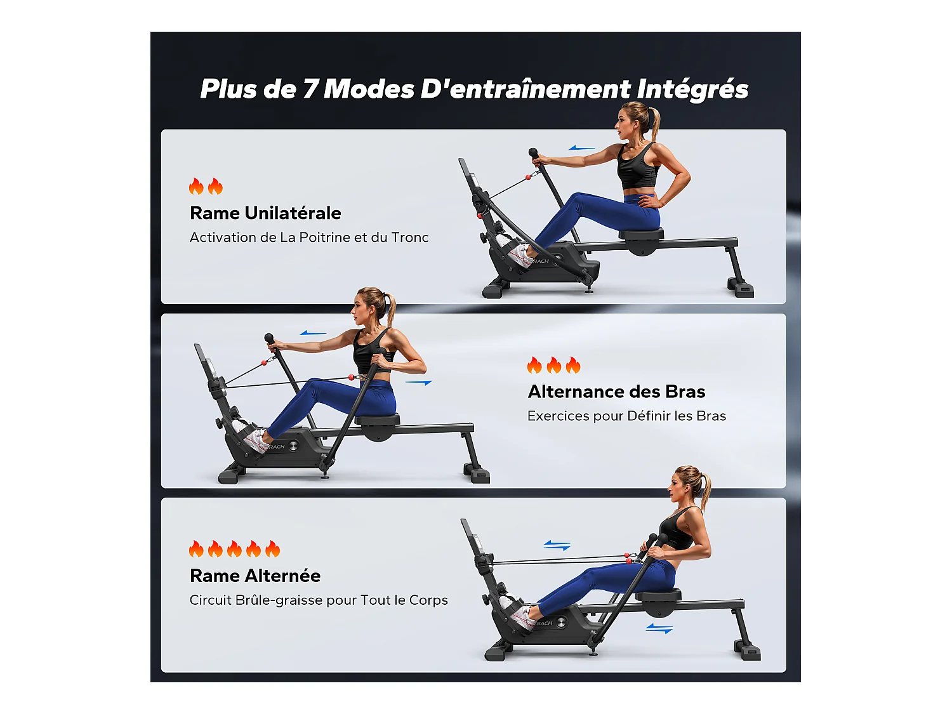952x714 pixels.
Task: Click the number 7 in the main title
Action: point(310,89)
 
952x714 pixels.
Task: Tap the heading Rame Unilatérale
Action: point(265,213)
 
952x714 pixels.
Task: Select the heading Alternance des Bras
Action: point(616,392)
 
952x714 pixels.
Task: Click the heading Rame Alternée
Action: point(255,576)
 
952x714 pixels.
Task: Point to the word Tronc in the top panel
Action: point(410,237)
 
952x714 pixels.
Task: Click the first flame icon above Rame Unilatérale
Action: point(196,187)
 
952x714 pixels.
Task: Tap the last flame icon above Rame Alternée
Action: point(273,549)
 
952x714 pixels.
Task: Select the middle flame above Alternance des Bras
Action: point(554,366)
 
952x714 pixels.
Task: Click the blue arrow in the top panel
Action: point(581,149)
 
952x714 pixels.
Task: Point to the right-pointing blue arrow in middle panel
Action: point(419,383)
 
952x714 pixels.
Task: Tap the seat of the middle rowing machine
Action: point(378,420)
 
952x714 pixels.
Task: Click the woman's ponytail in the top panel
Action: point(654,124)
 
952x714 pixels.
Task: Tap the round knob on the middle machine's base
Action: point(293,446)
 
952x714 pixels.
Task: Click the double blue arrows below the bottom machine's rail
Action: point(659,628)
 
